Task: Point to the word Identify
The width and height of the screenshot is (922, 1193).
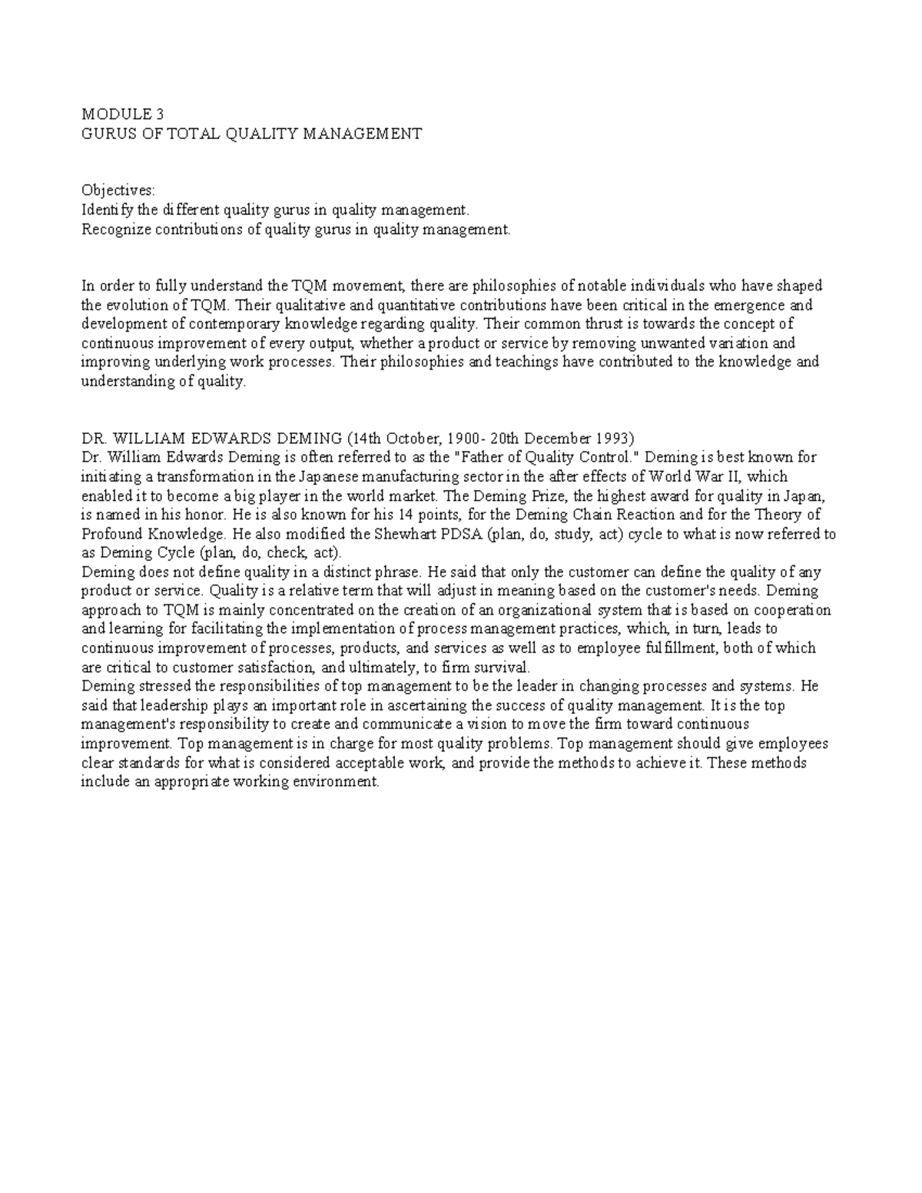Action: point(108,210)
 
